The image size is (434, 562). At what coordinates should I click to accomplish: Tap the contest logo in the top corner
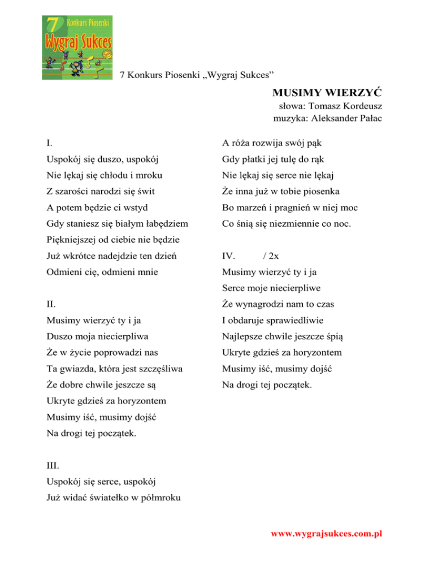coord(77,41)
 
